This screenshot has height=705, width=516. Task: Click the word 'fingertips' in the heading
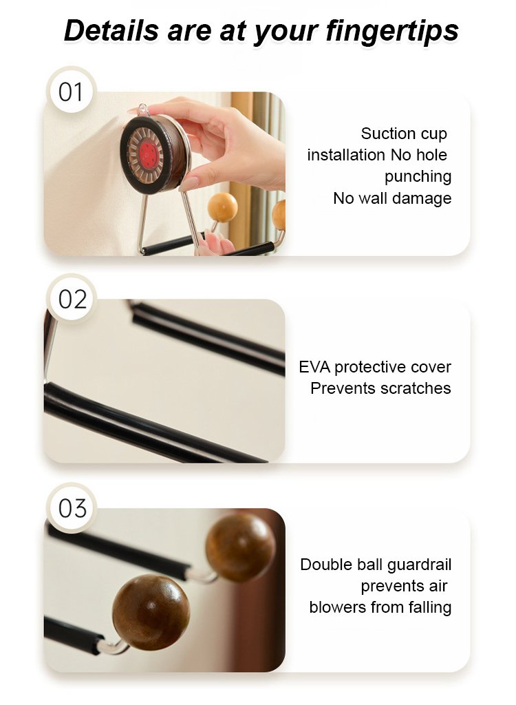(x=392, y=31)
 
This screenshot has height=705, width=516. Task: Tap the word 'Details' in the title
(x=111, y=30)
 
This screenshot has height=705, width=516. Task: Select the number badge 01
(x=71, y=92)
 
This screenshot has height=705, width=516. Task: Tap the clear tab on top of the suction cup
(x=143, y=109)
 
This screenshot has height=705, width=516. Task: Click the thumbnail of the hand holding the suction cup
(x=164, y=173)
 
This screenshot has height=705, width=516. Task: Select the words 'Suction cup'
(x=404, y=134)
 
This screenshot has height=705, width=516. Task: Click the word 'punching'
(x=418, y=177)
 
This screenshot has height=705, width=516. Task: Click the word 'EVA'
(x=314, y=367)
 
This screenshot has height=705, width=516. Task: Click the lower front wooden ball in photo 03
(x=151, y=612)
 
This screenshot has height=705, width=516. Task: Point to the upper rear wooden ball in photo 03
(x=240, y=547)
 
